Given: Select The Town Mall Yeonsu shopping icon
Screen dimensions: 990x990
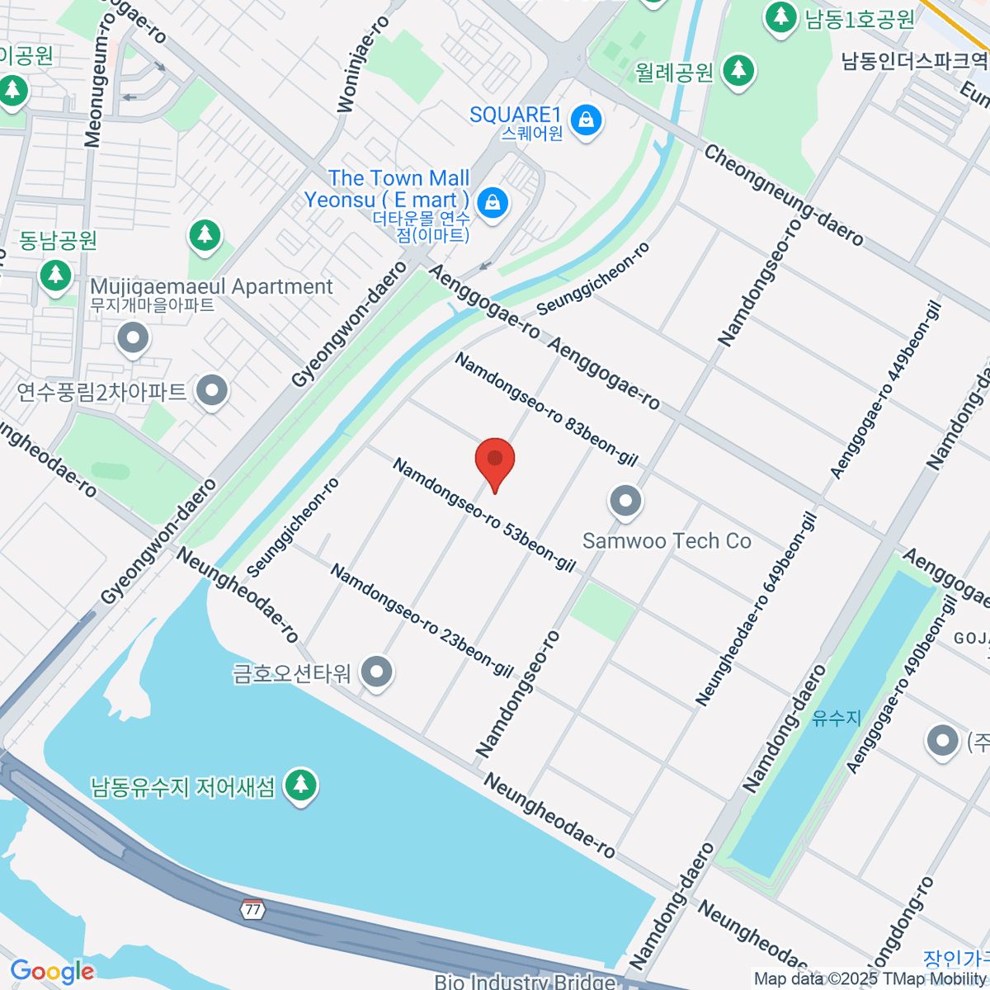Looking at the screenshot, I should [x=493, y=201].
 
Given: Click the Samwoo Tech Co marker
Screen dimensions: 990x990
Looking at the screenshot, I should [x=625, y=501].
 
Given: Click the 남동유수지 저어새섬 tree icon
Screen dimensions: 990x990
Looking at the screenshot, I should [x=300, y=785].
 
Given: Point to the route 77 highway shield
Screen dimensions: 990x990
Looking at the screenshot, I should [x=252, y=909].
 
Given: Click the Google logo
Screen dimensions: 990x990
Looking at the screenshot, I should [x=52, y=972].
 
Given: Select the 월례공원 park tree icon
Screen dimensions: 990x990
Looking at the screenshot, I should [x=738, y=71].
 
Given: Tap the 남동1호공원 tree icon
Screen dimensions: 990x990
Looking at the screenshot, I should [x=780, y=16].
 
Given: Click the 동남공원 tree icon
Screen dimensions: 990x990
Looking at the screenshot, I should [x=56, y=274].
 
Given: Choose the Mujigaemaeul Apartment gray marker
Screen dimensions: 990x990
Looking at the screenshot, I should [x=133, y=337].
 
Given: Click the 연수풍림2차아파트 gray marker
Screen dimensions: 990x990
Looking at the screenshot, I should [x=212, y=391].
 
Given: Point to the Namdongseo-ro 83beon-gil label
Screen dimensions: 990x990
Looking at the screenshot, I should [x=545, y=409].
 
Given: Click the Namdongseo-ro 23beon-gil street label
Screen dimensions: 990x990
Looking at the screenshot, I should [x=422, y=620].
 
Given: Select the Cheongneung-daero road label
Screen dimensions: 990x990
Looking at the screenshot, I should [x=783, y=196].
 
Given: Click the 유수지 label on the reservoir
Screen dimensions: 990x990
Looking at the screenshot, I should [x=836, y=718].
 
